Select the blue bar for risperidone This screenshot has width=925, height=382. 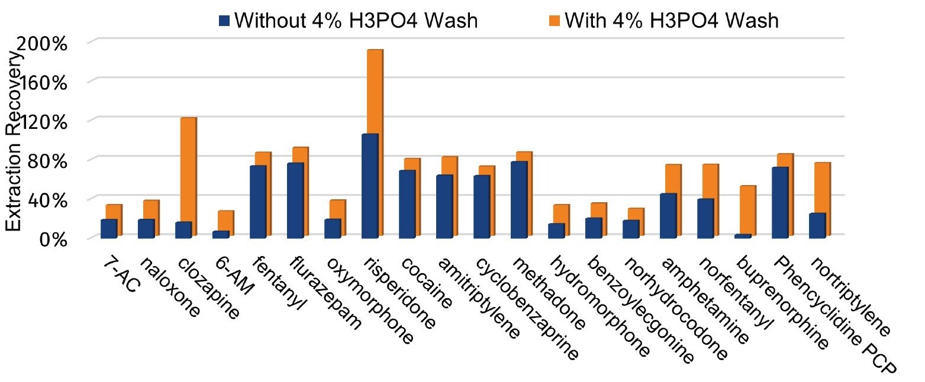[370, 186]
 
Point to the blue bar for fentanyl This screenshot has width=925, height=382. [258, 202]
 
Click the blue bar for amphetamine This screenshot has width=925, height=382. [668, 215]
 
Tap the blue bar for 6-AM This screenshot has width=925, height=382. [221, 234]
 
